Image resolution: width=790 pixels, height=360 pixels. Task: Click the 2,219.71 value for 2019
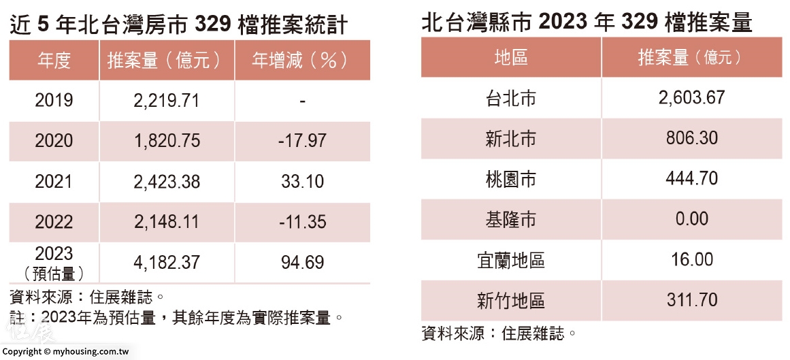coord(167,101)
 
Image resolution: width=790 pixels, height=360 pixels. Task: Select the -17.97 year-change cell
coord(302,141)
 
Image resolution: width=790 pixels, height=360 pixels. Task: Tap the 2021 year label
coord(54,182)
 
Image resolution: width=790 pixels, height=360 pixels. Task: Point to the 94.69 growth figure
coord(302,262)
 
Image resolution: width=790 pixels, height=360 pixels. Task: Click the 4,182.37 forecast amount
coord(167,262)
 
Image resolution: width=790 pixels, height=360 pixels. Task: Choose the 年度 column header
coord(54,61)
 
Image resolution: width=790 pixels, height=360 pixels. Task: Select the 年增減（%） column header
coord(301,61)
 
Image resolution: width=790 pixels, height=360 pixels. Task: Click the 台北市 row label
coord(510,98)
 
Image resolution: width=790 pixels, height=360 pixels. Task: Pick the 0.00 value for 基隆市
coord(691,219)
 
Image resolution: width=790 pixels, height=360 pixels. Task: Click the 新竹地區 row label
coord(510,300)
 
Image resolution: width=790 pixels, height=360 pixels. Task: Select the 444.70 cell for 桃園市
coord(691,178)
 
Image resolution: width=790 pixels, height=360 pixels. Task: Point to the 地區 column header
coord(510,58)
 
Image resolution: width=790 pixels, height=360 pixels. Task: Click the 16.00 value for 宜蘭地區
coord(691,259)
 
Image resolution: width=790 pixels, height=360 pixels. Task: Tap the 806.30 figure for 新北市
coord(691,138)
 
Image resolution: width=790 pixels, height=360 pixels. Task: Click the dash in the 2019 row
coord(302,101)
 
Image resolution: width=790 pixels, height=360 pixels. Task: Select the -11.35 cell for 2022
coord(302,222)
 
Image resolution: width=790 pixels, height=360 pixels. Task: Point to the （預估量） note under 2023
coord(54,274)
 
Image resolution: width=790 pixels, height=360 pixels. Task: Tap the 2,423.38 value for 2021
coord(167,182)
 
